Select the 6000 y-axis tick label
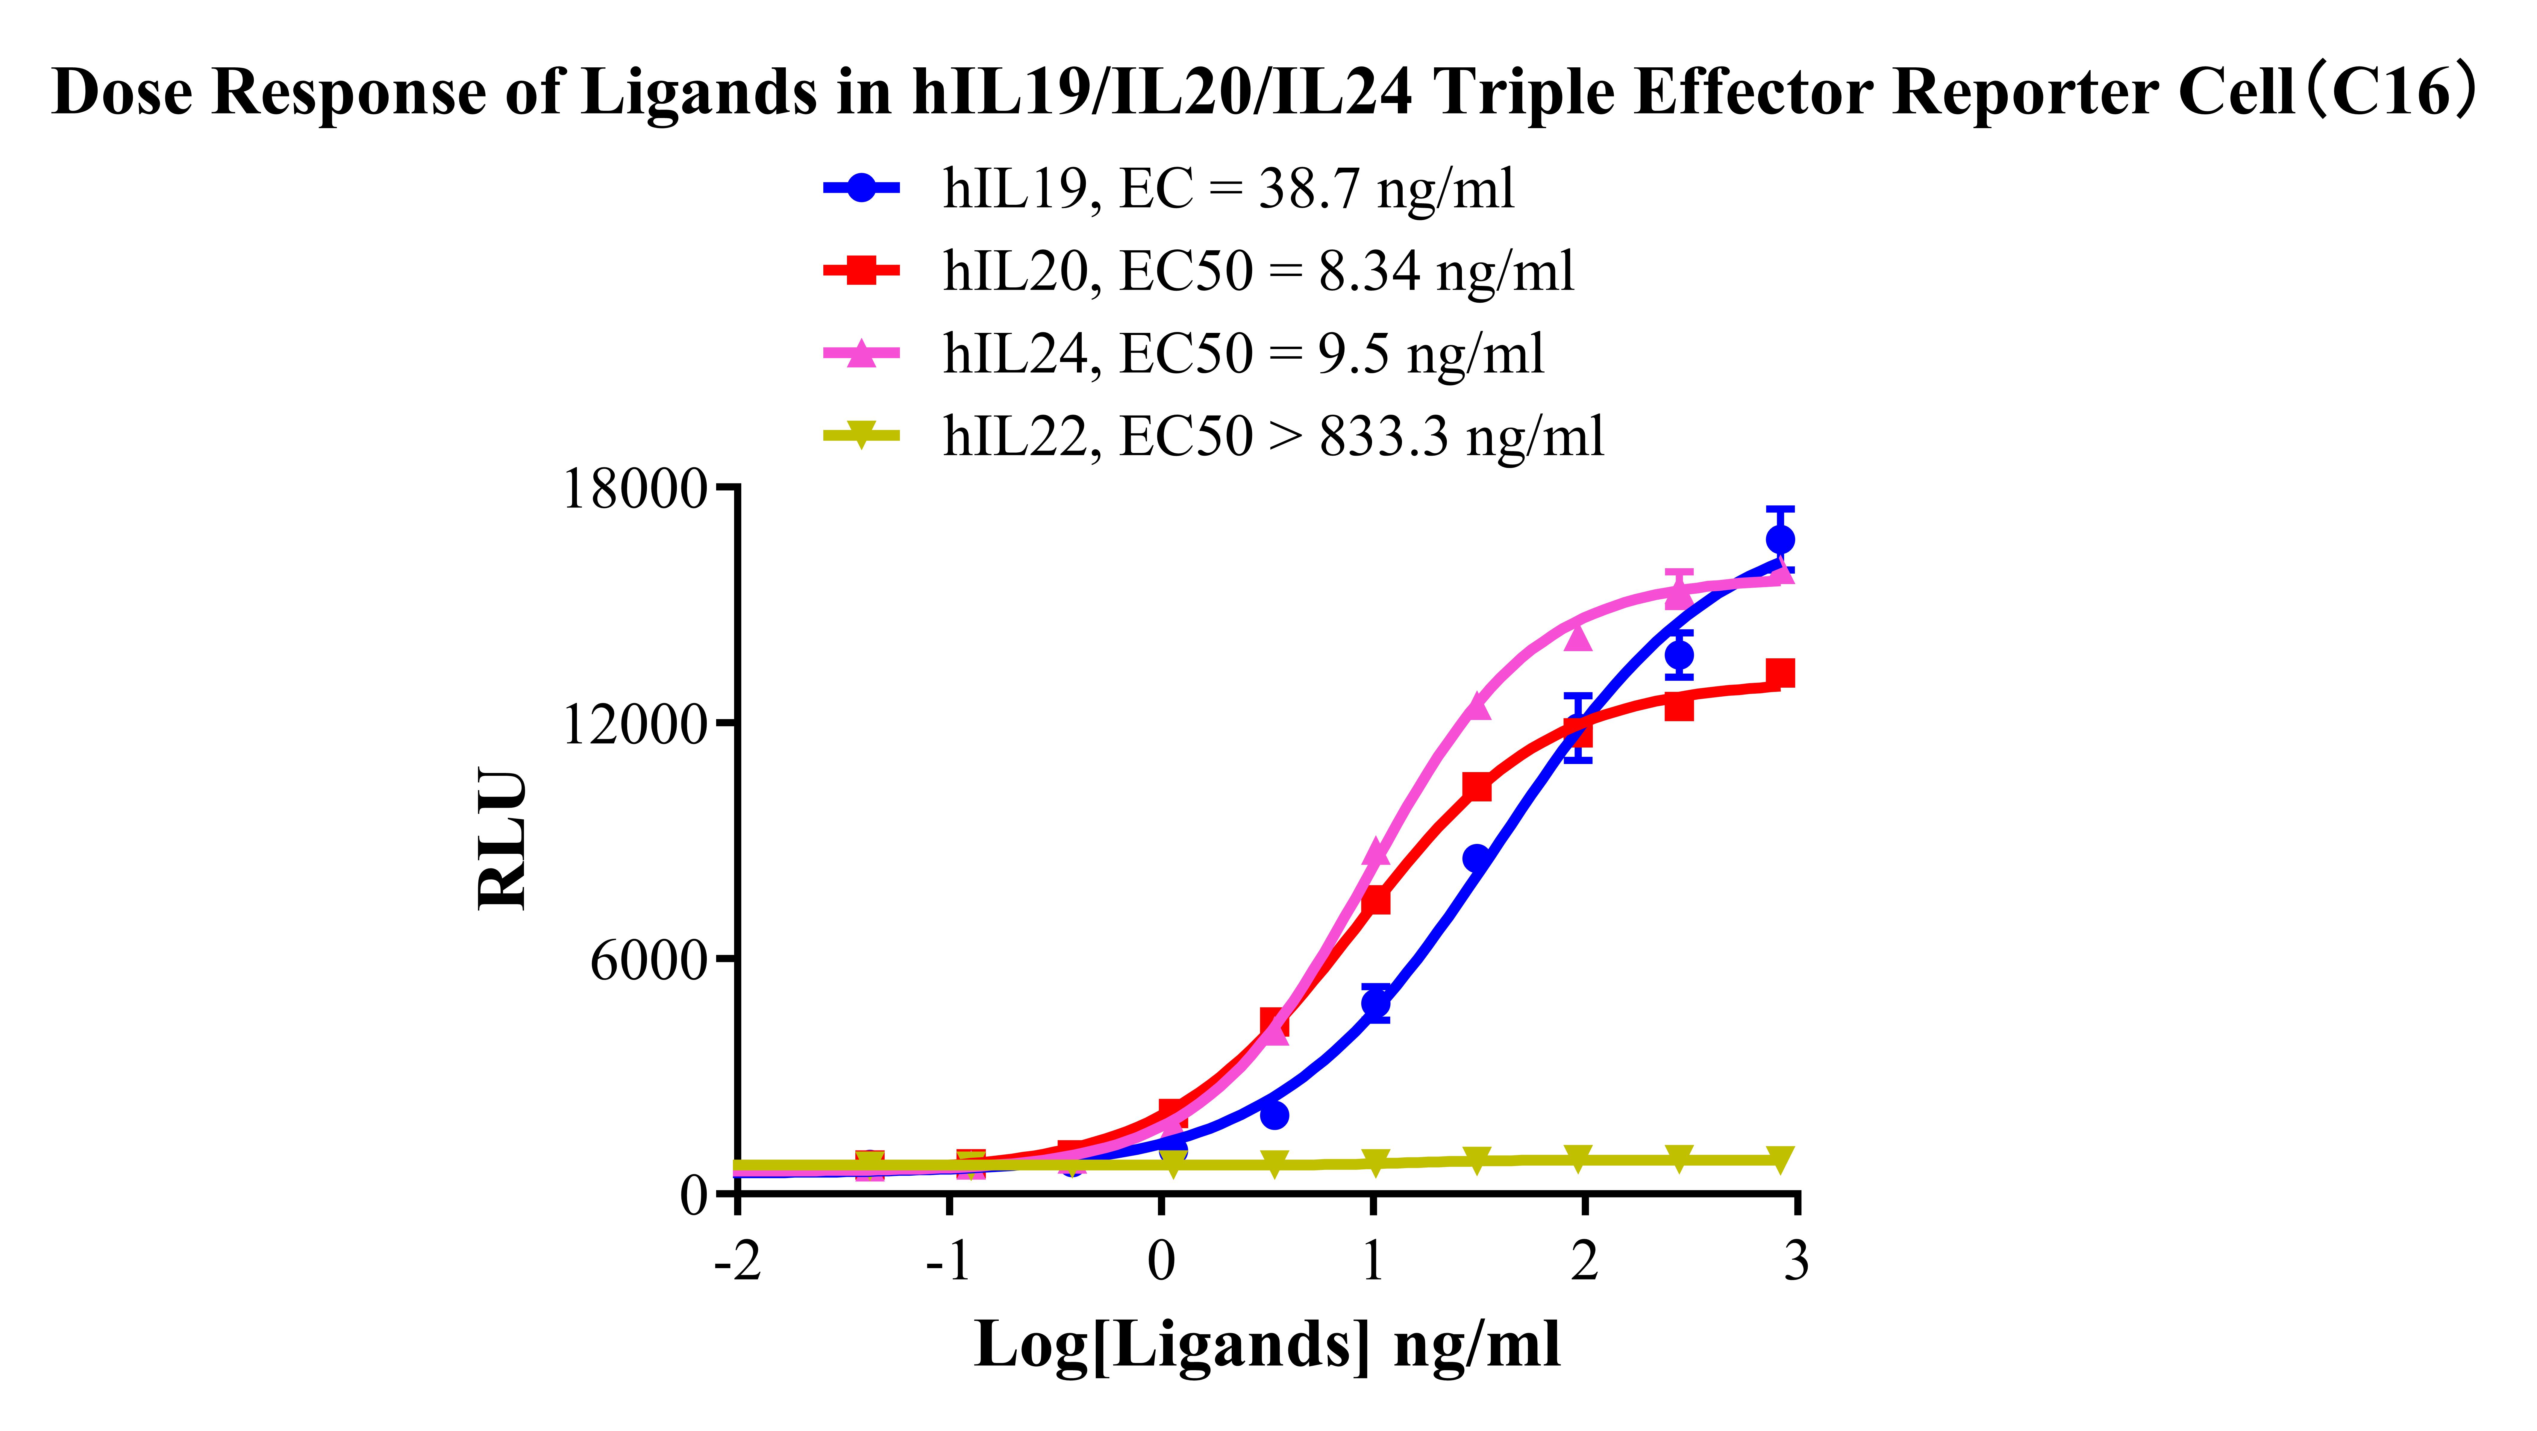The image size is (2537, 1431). click(x=650, y=960)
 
